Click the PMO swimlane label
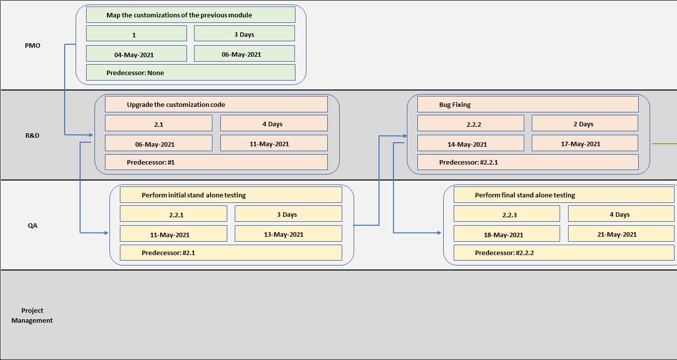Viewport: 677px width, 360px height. [32, 45]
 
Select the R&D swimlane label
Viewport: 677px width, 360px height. [32, 135]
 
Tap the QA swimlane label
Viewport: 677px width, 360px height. [32, 225]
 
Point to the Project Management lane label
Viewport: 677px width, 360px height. [32, 316]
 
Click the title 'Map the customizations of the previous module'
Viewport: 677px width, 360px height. [179, 15]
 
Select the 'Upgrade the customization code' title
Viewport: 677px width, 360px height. [176, 104]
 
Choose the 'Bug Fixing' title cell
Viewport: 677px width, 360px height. [455, 104]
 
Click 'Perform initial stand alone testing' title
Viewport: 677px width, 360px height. [193, 195]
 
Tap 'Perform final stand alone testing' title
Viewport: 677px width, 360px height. [525, 195]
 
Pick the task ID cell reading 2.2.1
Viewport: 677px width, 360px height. [174, 214]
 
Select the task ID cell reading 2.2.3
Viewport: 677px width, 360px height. [506, 214]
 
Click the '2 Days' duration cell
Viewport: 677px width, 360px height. [585, 124]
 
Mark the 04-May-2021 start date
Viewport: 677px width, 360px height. [136, 54]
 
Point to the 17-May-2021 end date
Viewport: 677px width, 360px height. [585, 144]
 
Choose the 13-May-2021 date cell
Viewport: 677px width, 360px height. [289, 234]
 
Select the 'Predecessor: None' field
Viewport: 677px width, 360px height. [135, 73]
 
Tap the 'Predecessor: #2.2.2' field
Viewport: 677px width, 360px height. [504, 253]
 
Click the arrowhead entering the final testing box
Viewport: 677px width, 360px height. [439, 233]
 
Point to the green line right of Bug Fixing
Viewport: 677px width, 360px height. [664, 144]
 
